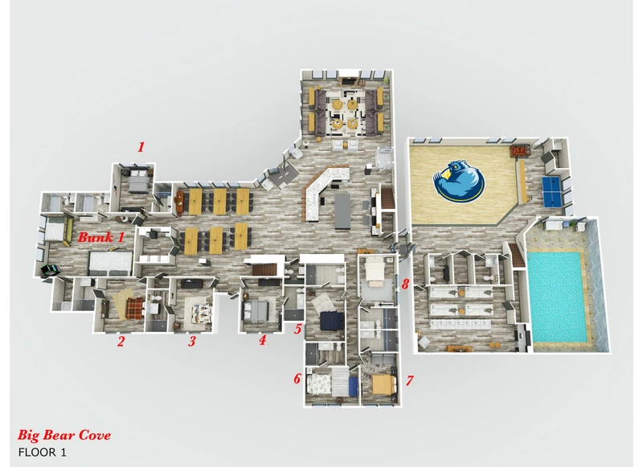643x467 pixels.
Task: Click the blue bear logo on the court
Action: click(x=458, y=181)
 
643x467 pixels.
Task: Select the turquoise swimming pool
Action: click(x=556, y=297)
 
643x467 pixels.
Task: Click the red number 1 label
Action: click(x=141, y=147)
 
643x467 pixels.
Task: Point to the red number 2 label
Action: click(x=120, y=341)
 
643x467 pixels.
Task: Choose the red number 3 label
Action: click(x=192, y=341)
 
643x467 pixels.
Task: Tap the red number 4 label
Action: click(x=263, y=339)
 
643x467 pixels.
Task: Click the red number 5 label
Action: click(x=298, y=329)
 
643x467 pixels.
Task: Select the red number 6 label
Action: click(x=297, y=379)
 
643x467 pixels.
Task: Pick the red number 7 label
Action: click(x=409, y=380)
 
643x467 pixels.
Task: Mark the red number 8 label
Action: click(x=405, y=284)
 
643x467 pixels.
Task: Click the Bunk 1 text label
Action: click(x=101, y=237)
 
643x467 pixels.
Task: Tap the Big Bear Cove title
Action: click(x=64, y=435)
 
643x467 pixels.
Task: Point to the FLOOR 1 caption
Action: click(x=43, y=453)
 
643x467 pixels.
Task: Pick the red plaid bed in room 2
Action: click(x=134, y=308)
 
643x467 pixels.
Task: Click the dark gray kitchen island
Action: click(x=342, y=211)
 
